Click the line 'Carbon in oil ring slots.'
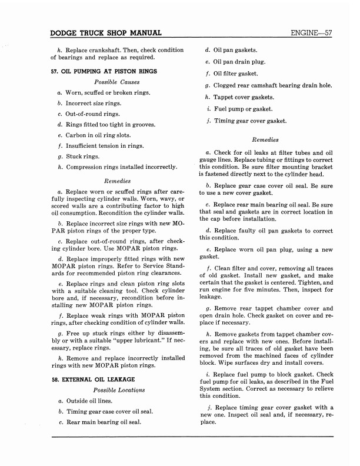(102, 135)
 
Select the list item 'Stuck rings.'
(86, 157)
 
